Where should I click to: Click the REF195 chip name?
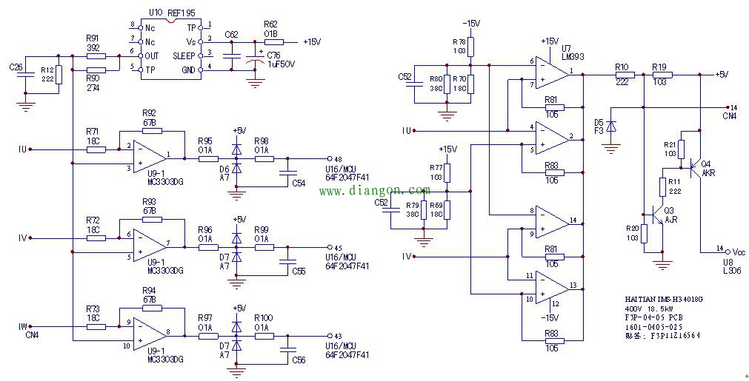pos(182,13)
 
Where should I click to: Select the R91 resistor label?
pos(92,38)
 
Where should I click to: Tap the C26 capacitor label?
pos(16,69)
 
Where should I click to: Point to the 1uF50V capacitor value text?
pos(281,64)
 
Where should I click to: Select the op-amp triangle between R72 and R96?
pos(150,243)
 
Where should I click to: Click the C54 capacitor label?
pos(299,182)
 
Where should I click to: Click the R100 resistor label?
pos(263,318)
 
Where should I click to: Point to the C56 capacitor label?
pos(299,360)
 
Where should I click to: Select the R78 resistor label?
pos(459,41)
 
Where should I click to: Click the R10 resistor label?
pos(622,67)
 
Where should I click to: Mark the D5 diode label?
pos(599,122)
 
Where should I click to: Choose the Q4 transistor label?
pos(705,163)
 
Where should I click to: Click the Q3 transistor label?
pos(670,210)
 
